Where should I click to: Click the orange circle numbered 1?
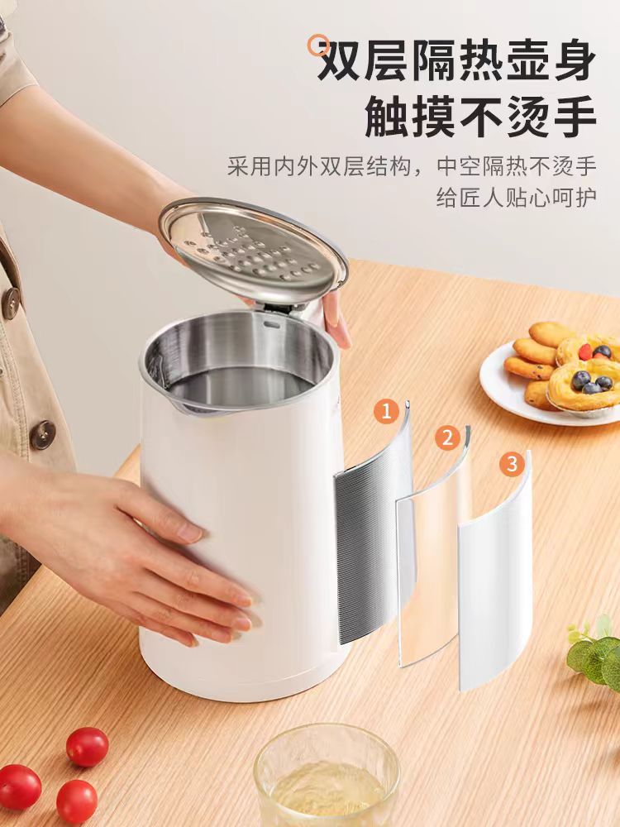click(386, 411)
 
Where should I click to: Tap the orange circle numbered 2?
click(447, 437)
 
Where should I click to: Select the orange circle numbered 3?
click(512, 464)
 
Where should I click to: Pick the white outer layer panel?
click(494, 575)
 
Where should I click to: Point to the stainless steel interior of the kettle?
click(240, 359)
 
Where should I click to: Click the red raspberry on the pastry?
click(585, 351)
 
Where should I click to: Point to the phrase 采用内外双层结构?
click(319, 167)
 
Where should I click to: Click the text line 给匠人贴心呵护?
click(517, 198)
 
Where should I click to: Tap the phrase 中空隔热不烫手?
click(517, 167)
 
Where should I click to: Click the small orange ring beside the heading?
click(319, 45)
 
